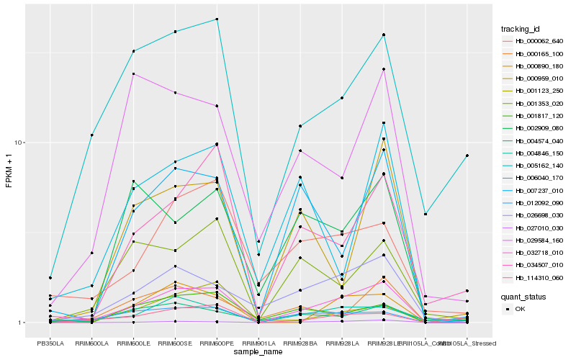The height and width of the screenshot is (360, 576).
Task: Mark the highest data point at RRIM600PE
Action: (x=217, y=19)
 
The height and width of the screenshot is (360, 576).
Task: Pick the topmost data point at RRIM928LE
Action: (x=384, y=35)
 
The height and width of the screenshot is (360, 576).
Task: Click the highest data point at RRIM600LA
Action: (x=92, y=135)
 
